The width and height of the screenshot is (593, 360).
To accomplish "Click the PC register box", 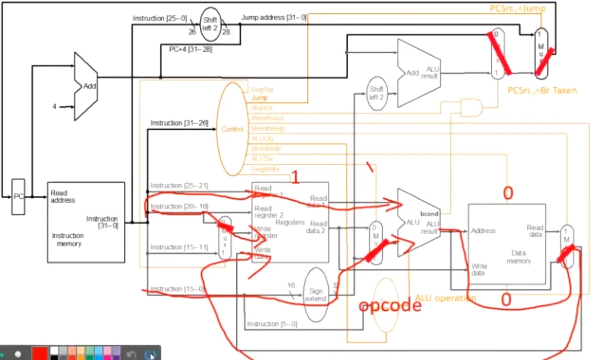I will point(18,196).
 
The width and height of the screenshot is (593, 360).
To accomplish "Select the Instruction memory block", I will point(86,222).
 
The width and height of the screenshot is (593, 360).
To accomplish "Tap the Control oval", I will point(232,129).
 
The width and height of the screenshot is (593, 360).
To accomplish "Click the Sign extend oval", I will point(316,294).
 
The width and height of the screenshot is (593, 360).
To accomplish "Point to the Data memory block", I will point(508,244).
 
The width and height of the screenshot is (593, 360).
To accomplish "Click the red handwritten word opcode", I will point(390,306).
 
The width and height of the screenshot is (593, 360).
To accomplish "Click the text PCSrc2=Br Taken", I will point(542,90).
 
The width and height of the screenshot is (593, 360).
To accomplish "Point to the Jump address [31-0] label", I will point(274,18).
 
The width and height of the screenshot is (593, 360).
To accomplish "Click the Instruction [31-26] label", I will point(179,123).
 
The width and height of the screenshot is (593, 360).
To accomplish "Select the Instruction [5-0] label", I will point(272,324).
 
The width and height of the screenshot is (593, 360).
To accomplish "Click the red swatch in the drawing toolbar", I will point(39,354).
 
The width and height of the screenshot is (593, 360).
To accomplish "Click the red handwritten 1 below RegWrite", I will point(295,178).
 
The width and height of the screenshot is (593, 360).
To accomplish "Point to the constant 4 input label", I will point(55,106).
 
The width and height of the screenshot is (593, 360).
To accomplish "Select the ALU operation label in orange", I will point(445,298).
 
